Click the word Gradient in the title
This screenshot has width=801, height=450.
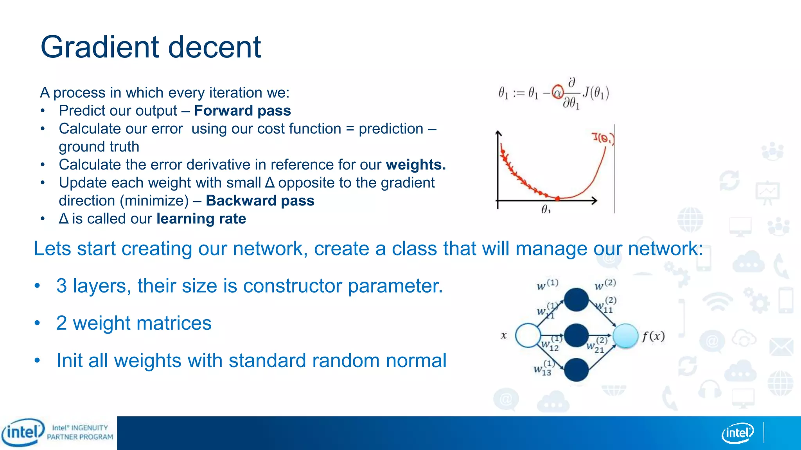[x=100, y=47]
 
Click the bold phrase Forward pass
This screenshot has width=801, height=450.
[x=242, y=111]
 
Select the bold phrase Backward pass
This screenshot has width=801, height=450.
[x=260, y=200]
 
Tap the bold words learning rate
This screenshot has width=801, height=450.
[x=201, y=219]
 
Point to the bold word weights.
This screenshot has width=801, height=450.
[x=415, y=165]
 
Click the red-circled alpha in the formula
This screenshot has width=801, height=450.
[x=557, y=92]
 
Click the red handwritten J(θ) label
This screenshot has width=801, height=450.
[x=603, y=138]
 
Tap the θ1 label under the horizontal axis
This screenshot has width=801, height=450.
[x=546, y=209]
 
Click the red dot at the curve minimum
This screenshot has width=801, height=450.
[x=557, y=198]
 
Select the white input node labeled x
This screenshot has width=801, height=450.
[x=528, y=335]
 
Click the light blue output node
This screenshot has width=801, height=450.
[x=625, y=336]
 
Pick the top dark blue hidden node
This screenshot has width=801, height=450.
[x=576, y=300]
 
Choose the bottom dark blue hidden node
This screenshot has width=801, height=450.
[x=576, y=370]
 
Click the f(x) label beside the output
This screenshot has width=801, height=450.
[x=653, y=336]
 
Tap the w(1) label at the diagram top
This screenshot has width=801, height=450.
[x=547, y=285]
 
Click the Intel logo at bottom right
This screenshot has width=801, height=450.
[x=737, y=433]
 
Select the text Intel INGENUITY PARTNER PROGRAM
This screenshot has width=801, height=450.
[x=80, y=432]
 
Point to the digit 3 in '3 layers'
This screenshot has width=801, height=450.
[x=61, y=286]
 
